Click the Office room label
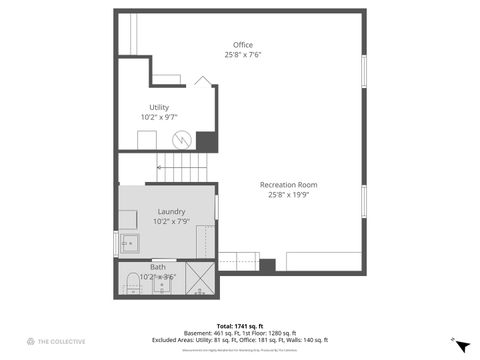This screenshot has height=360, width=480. [242, 45]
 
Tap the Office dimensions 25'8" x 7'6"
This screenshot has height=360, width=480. [242, 56]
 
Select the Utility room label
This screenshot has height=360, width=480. [159, 107]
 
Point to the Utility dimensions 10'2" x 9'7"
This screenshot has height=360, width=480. [159, 118]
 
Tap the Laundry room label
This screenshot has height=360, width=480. [171, 211]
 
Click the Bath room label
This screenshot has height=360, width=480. [158, 267]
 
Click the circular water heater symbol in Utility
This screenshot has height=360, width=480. [181, 139]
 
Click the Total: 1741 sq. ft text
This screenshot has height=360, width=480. [241, 326]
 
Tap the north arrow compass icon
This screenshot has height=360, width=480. [461, 345]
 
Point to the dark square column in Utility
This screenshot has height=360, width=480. [206, 142]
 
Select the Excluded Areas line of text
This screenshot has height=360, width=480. [241, 338]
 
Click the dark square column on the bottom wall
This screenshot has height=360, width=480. [267, 265]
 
